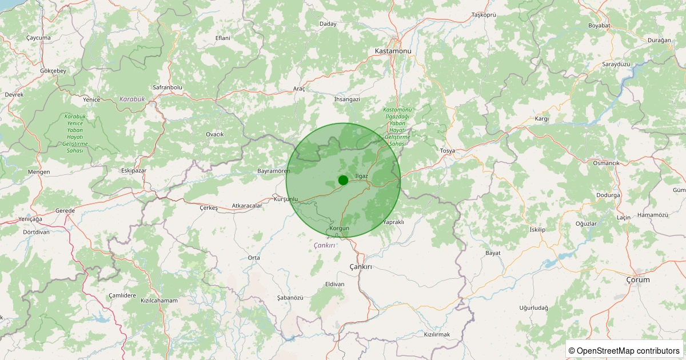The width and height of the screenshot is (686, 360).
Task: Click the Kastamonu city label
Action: coord(393,51)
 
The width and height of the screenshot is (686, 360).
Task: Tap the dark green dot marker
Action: coord(343,180)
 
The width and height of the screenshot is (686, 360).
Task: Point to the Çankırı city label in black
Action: coord(360,267)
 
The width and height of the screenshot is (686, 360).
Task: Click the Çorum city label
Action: coord(637,280)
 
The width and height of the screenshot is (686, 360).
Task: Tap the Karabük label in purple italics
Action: coord(132,99)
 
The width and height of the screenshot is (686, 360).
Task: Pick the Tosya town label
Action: coord(447,151)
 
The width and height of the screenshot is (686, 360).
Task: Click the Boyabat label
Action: coord(600,26)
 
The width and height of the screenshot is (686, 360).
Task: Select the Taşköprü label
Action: coord(483,14)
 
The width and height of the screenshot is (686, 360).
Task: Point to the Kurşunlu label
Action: coord(286,199)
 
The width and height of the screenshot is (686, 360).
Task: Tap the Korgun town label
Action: coord(340,229)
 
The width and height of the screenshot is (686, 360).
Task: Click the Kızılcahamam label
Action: coord(159,301)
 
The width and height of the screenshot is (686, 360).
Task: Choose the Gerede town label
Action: coord(65,211)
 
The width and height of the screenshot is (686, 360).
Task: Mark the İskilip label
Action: coord(538,230)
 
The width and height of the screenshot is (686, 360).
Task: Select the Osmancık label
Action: coord(606,163)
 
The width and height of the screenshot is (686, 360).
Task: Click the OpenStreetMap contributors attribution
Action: coord(624,350)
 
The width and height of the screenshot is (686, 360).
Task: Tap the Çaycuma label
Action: coord(38,38)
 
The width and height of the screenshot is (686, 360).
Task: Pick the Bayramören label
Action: coord(274,171)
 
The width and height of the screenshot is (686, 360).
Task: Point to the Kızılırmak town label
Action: coord(437,334)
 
